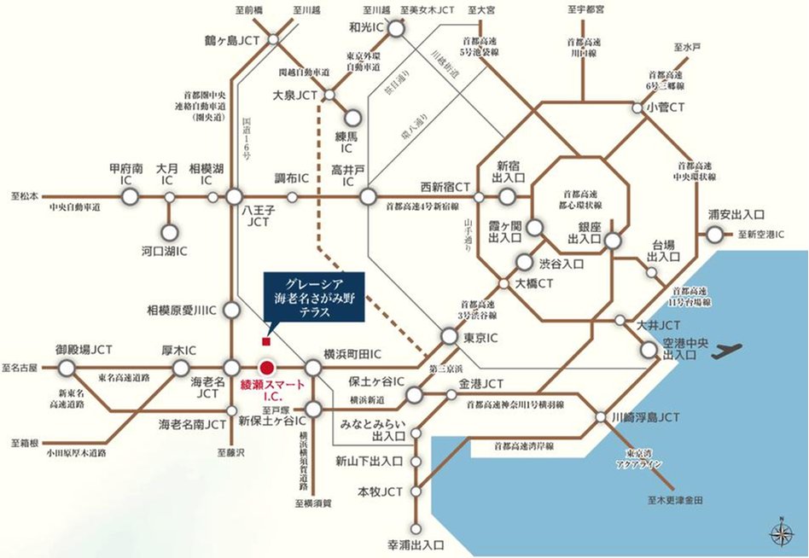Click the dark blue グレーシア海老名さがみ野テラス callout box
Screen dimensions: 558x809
(313, 299)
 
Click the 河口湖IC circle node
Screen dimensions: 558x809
(169, 232)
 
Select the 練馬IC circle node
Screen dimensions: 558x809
(352, 120)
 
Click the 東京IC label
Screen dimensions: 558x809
(480, 338)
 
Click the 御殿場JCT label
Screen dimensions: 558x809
(84, 350)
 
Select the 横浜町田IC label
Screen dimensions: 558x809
(352, 353)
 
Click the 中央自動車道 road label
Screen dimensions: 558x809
(74, 207)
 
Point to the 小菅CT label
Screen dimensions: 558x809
(666, 108)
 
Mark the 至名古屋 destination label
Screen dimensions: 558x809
(20, 368)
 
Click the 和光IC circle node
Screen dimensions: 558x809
(397, 29)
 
